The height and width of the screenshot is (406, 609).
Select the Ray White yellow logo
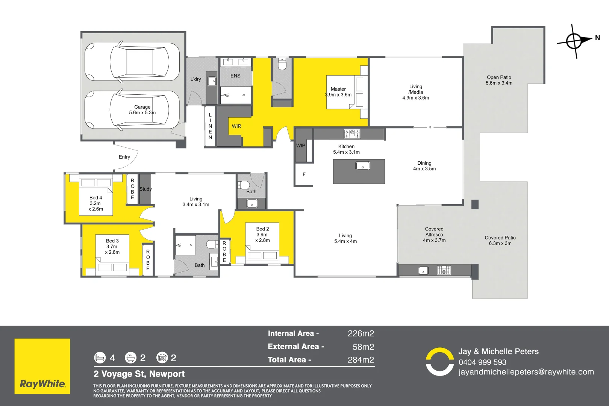pos(42,366)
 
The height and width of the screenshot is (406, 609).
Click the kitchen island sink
pos(363,166)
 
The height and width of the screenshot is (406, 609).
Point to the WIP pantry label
pos(301,145)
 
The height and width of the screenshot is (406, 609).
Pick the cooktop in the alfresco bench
pos(444,270)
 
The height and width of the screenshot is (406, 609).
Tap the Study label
pos(145,189)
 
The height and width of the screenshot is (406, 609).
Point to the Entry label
pos(124,157)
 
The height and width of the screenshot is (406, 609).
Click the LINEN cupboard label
pos(210,126)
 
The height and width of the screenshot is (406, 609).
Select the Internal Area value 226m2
pos(361,333)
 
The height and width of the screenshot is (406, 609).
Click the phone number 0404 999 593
pos(482,362)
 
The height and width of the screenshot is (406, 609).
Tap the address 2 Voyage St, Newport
pos(139,374)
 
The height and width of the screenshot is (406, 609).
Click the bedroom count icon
pos(100,358)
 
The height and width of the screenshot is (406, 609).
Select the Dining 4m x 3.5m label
pos(424,166)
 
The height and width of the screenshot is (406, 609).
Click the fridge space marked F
pos(304,174)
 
